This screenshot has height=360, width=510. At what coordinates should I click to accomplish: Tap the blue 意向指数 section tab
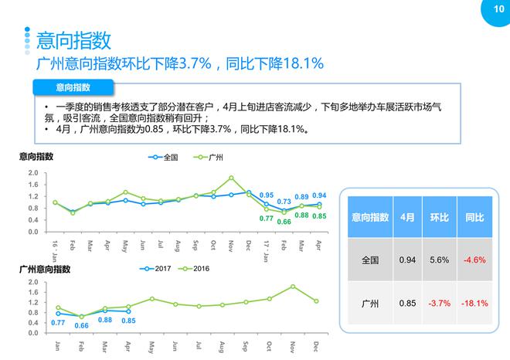click(73, 87)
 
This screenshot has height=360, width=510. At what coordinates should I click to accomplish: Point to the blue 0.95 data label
click(267, 195)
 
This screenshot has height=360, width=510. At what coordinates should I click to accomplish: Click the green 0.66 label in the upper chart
click(284, 222)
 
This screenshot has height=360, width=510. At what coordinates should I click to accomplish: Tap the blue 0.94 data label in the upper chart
click(319, 195)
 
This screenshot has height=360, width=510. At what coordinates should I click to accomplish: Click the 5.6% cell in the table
click(439, 260)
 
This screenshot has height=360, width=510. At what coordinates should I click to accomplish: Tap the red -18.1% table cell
click(474, 303)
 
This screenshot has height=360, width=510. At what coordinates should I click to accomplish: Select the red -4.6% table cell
click(474, 260)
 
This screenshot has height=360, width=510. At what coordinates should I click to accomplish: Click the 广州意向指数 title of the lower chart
click(44, 269)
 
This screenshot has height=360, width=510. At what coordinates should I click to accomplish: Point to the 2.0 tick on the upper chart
click(33, 173)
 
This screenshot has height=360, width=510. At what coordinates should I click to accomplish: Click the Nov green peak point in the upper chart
click(231, 178)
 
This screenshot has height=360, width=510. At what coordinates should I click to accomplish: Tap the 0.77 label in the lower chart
click(58, 322)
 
